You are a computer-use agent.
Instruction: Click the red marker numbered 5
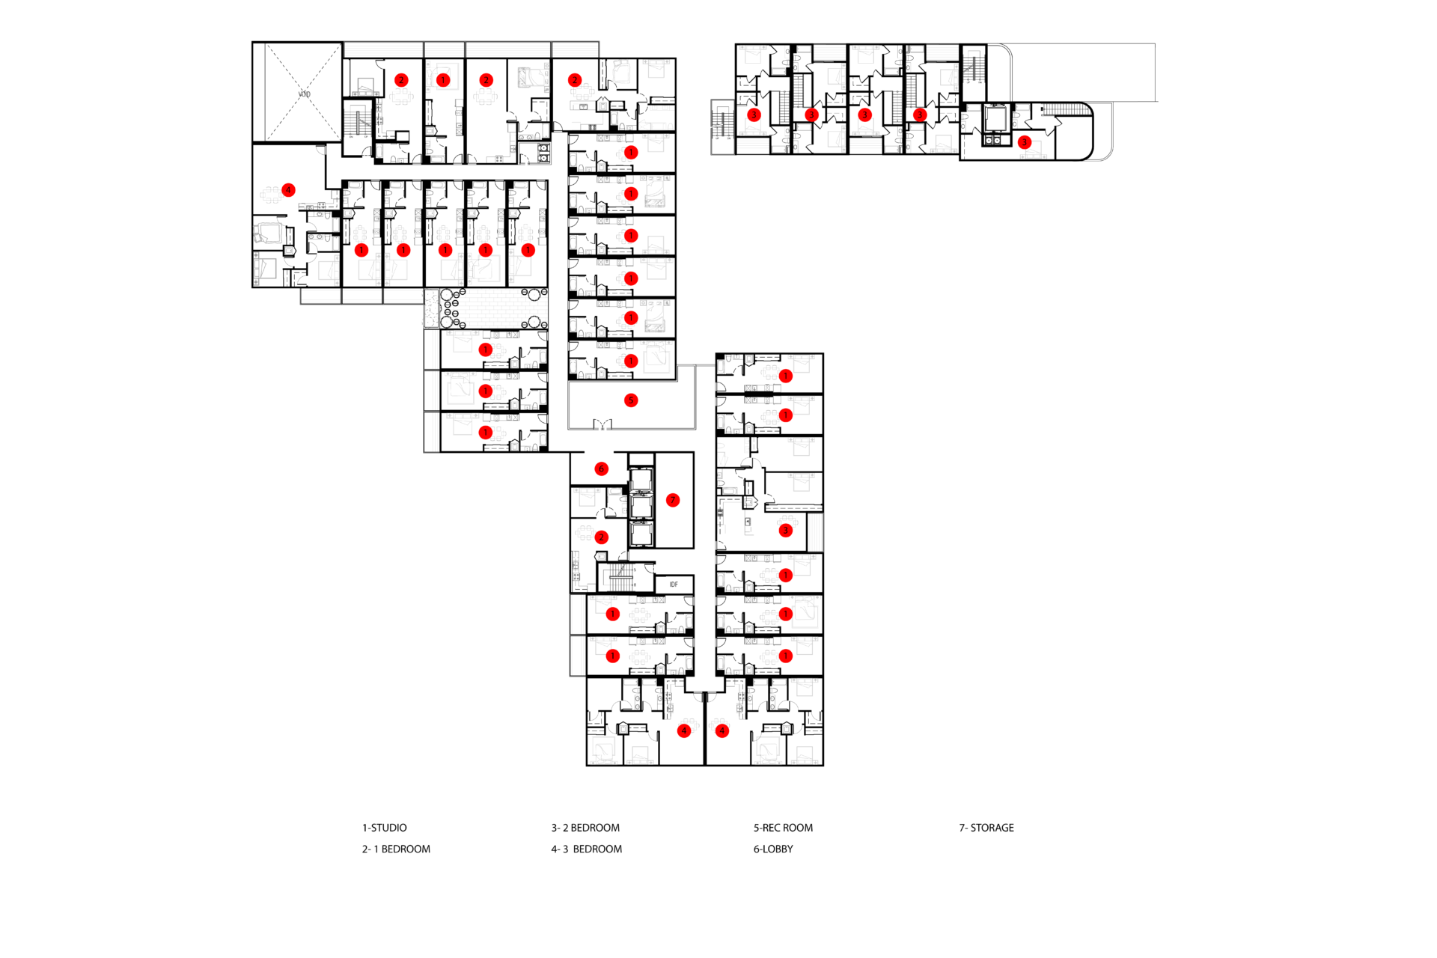pyautogui.click(x=631, y=400)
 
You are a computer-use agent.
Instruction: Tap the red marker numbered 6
pyautogui.click(x=601, y=469)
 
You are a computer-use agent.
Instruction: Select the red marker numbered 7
pyautogui.click(x=673, y=500)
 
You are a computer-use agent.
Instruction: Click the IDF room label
pyautogui.click(x=674, y=585)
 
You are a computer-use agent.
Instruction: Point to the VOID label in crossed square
pyautogui.click(x=304, y=94)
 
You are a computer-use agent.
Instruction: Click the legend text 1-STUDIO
pyautogui.click(x=385, y=828)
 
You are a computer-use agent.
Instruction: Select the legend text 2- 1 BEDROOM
pyautogui.click(x=396, y=849)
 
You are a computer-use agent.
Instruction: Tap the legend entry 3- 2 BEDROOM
pyautogui.click(x=585, y=828)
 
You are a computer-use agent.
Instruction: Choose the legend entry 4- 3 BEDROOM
pyautogui.click(x=587, y=849)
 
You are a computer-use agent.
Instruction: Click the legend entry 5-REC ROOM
pyautogui.click(x=783, y=828)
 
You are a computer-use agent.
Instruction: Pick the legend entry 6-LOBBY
pyautogui.click(x=773, y=849)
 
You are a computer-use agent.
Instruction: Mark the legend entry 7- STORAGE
pyautogui.click(x=986, y=828)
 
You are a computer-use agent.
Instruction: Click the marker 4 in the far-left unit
pyautogui.click(x=289, y=190)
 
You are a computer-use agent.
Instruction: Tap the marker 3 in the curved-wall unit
pyautogui.click(x=1025, y=142)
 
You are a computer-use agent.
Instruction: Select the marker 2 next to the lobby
pyautogui.click(x=601, y=537)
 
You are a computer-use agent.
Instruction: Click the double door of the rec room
pyautogui.click(x=602, y=424)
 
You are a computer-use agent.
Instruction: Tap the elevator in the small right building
pyautogui.click(x=996, y=118)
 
